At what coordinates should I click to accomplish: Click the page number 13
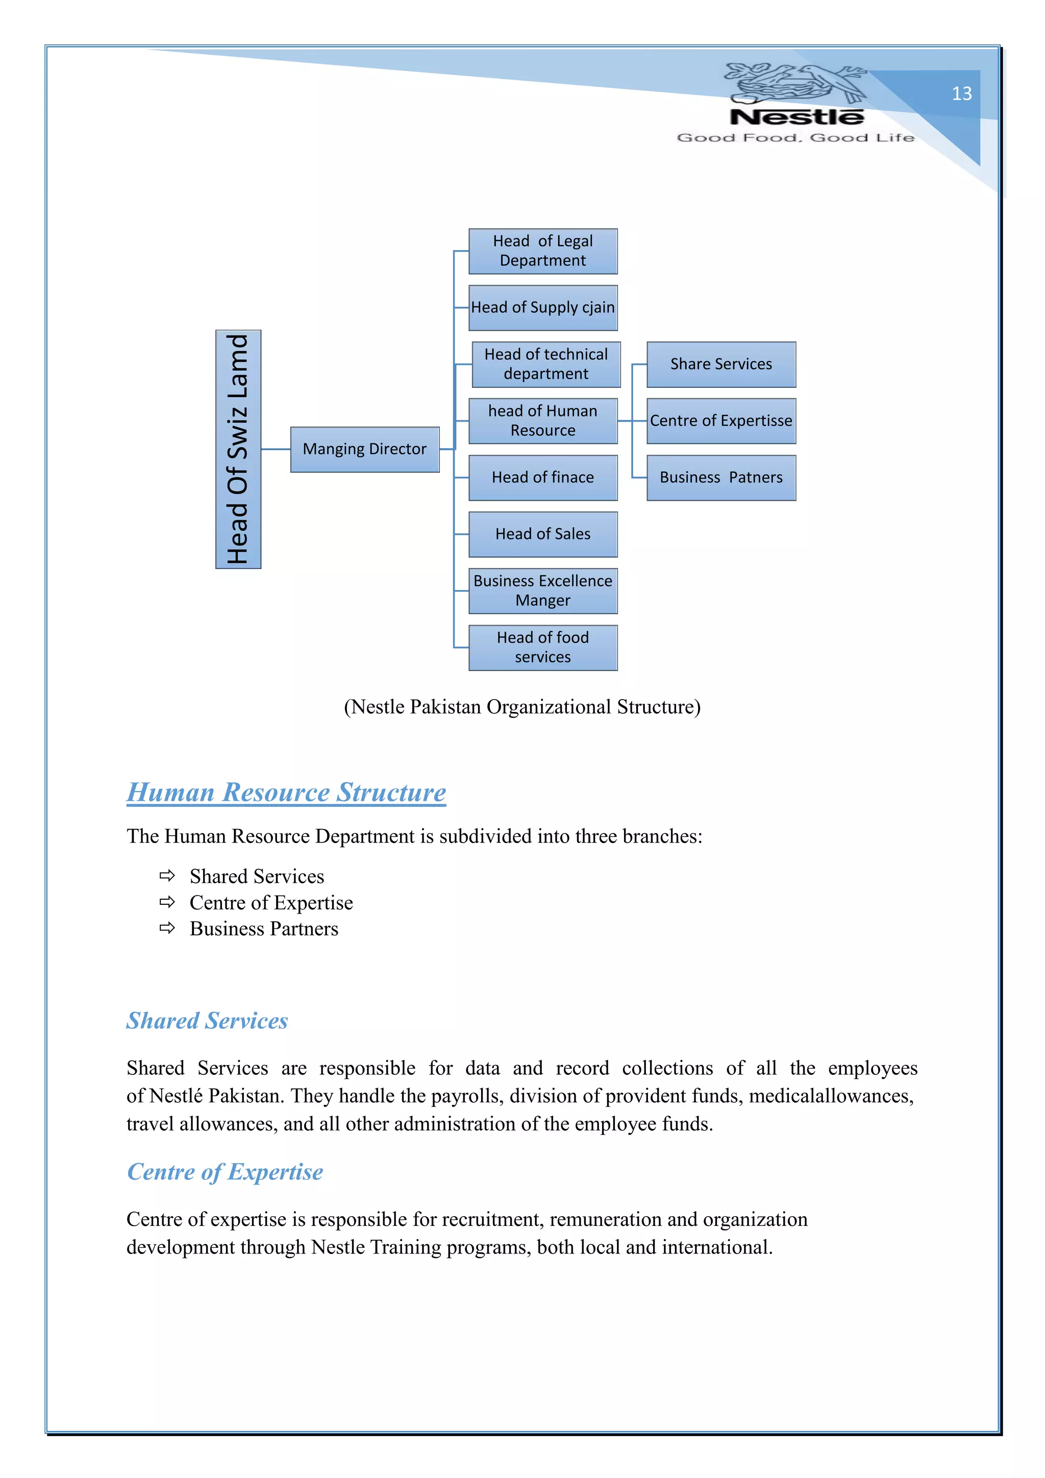(961, 94)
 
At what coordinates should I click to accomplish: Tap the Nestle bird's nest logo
(796, 84)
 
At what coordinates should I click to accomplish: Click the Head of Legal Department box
(542, 251)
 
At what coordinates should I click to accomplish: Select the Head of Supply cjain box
(542, 308)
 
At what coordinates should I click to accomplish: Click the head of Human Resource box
(542, 421)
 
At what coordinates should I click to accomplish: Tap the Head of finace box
(542, 478)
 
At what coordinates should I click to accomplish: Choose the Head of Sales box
(542, 534)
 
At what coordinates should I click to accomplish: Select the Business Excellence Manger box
(542, 591)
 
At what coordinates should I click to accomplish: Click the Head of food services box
(542, 648)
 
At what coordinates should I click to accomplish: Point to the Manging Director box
(364, 449)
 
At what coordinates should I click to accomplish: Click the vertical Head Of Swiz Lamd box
(238, 449)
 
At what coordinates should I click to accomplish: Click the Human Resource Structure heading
(286, 793)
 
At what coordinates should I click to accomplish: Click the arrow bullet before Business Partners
(167, 928)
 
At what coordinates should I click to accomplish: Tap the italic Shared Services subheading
(207, 1021)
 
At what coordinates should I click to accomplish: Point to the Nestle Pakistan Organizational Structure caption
(522, 707)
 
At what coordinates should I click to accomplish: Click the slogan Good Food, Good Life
(795, 138)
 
